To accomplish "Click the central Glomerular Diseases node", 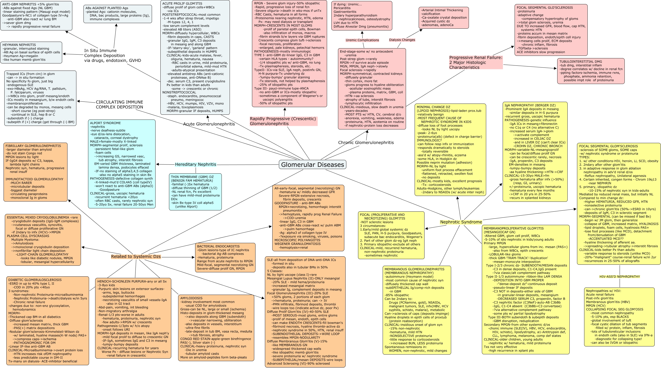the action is tap(312, 164).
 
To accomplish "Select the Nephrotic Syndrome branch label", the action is tap(461, 222).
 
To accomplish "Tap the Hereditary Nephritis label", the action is tap(196, 164).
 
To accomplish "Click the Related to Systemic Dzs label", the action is tap(136, 256).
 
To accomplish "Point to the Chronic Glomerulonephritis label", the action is tap(366, 142).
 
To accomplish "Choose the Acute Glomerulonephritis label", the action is tap(209, 124).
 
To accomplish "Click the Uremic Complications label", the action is tap(362, 40).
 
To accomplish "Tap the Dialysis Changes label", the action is tap(402, 40).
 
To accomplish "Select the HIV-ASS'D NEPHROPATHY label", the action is tap(619, 276).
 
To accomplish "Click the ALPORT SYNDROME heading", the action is tap(105, 123).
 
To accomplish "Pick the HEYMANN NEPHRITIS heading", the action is tap(19, 45).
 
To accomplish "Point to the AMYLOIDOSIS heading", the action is tap(191, 298).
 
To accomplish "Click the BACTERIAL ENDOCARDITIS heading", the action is tap(218, 246).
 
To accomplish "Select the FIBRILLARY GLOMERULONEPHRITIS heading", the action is tap(33, 146).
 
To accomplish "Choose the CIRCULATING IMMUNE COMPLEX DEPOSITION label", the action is tap(119, 105).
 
